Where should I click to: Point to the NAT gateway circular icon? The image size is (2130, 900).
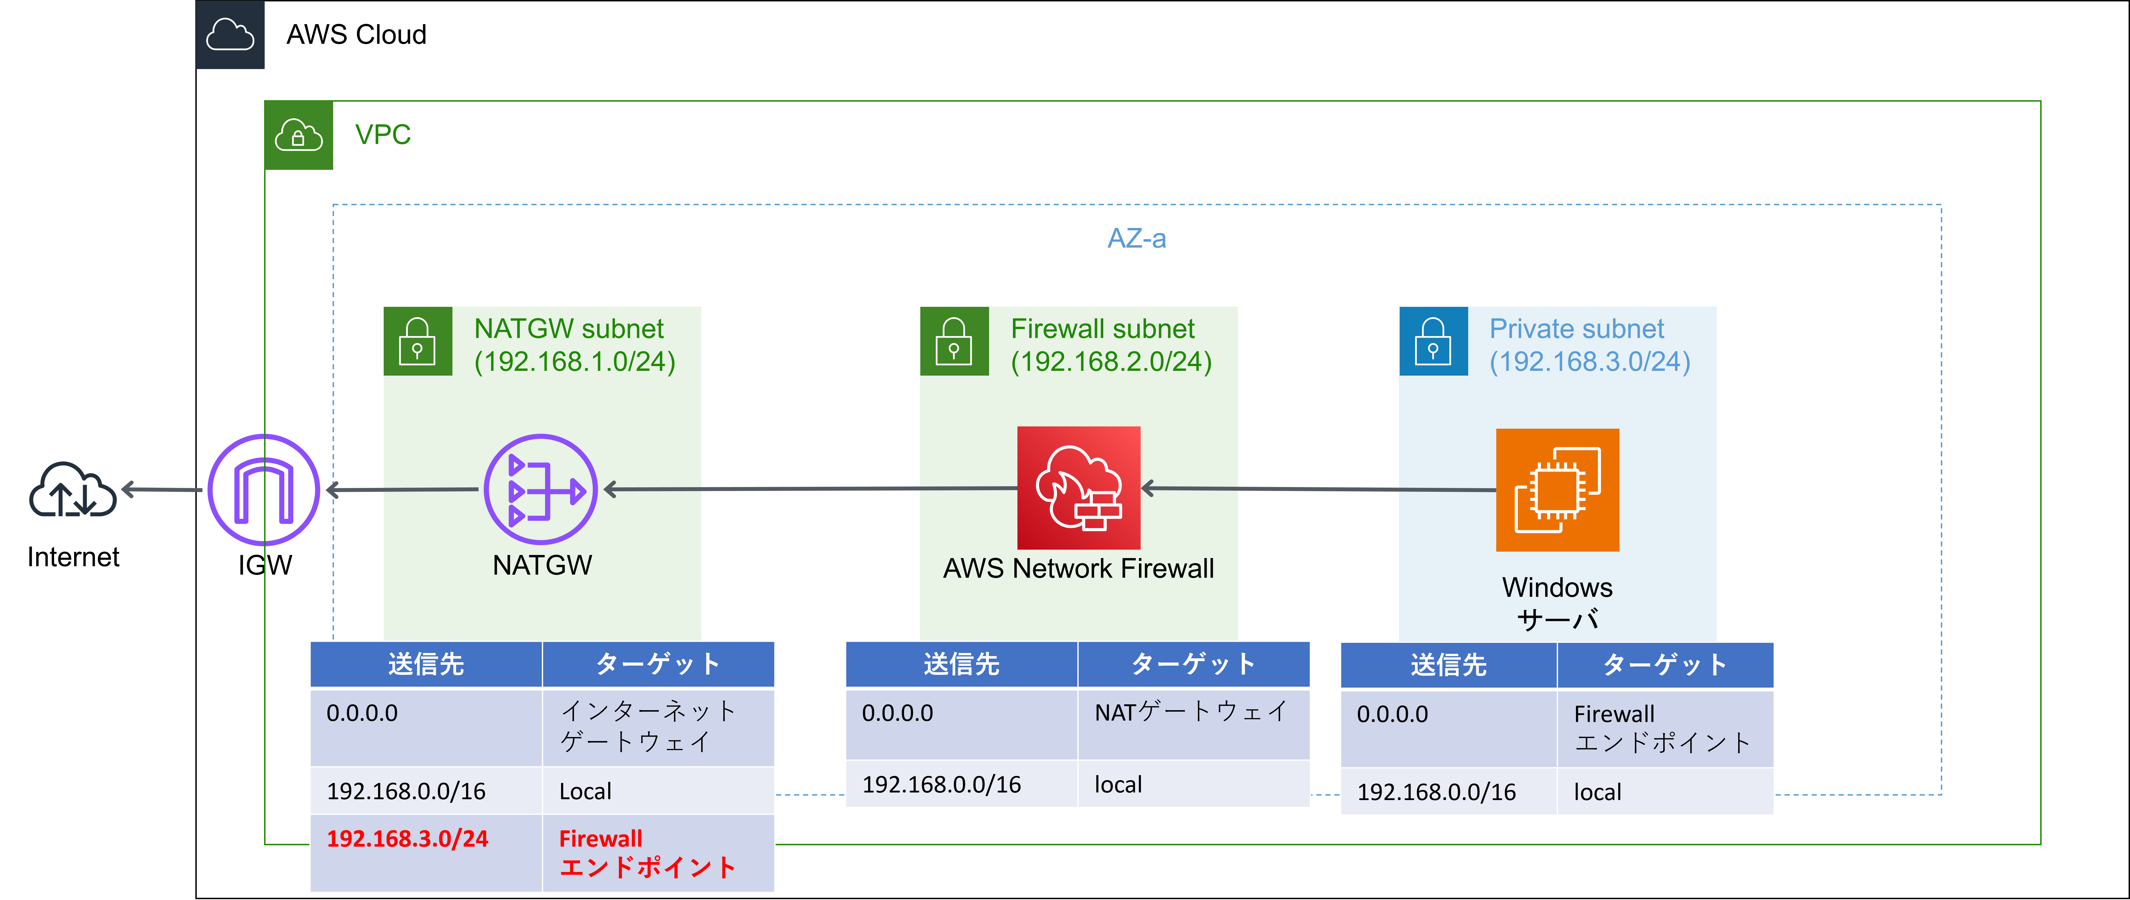pyautogui.click(x=541, y=490)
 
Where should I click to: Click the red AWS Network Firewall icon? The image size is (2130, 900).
pyautogui.click(x=1078, y=488)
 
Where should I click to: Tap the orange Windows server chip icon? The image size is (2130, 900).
pyautogui.click(x=1557, y=490)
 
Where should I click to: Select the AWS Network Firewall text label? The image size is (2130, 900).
pyautogui.click(x=1078, y=569)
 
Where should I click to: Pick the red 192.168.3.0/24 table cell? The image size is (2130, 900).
pyautogui.click(x=408, y=839)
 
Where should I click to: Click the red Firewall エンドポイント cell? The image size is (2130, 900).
pyautogui.click(x=647, y=853)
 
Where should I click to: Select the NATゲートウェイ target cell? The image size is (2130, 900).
pyautogui.click(x=1191, y=712)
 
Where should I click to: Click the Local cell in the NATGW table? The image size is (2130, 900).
pyautogui.click(x=585, y=792)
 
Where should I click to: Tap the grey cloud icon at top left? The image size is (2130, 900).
pyautogui.click(x=230, y=35)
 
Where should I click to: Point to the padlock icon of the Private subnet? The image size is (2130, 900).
pyautogui.click(x=1433, y=342)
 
